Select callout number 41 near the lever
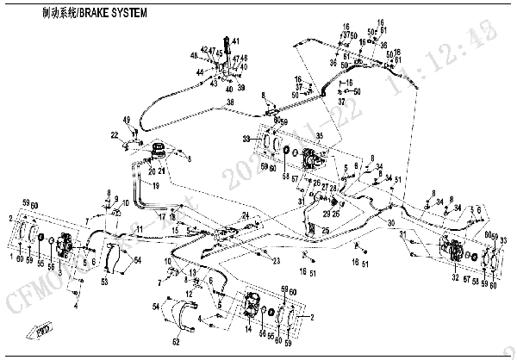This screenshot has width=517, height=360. coord(236,41)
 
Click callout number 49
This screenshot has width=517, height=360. coord(126,119)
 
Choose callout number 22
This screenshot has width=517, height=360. coord(114,135)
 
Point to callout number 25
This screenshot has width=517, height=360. coord(325,230)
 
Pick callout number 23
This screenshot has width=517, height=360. coord(277,261)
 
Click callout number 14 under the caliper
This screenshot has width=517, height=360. coord(250,329)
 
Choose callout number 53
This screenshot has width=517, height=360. coord(104,282)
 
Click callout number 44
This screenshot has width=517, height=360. coord(197,71)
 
